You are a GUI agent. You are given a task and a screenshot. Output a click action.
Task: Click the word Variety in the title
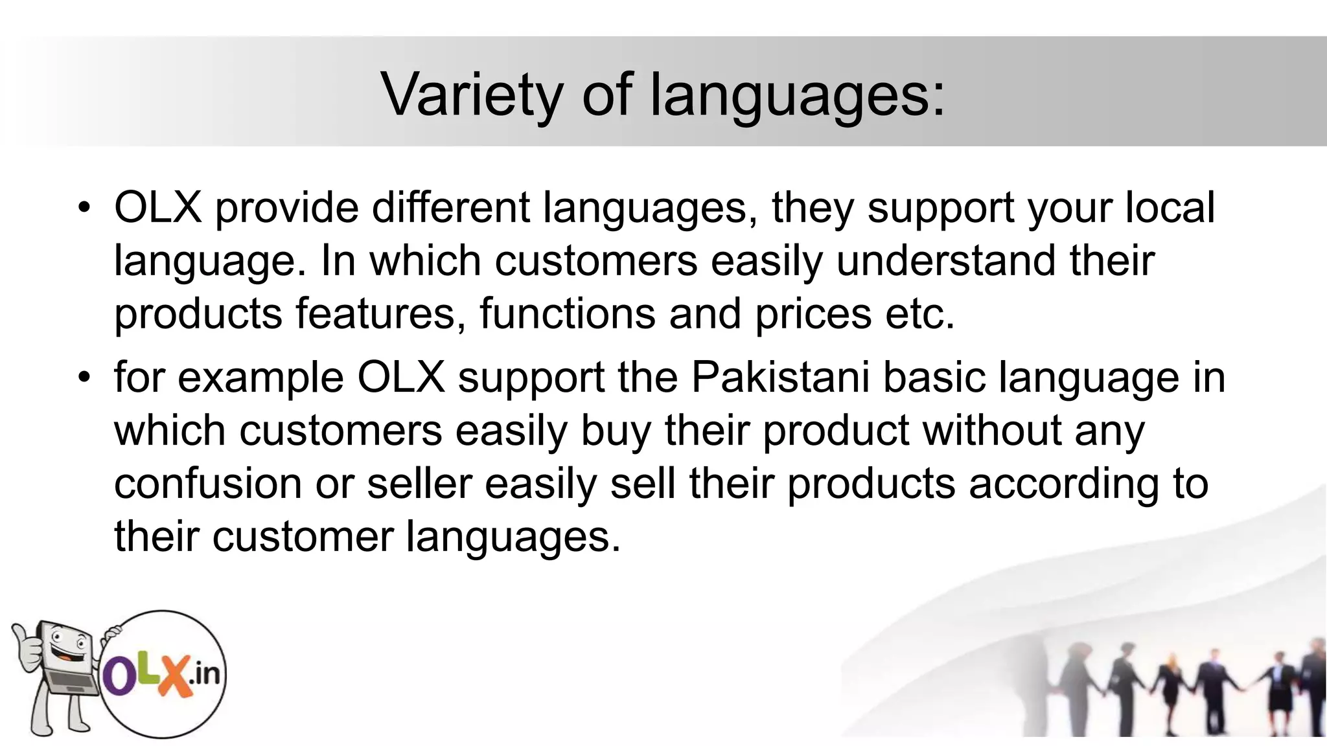pyautogui.click(x=472, y=95)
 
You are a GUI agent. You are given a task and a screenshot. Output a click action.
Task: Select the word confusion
pyautogui.click(x=208, y=484)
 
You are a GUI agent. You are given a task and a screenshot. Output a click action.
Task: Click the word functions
pyautogui.click(x=568, y=313)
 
